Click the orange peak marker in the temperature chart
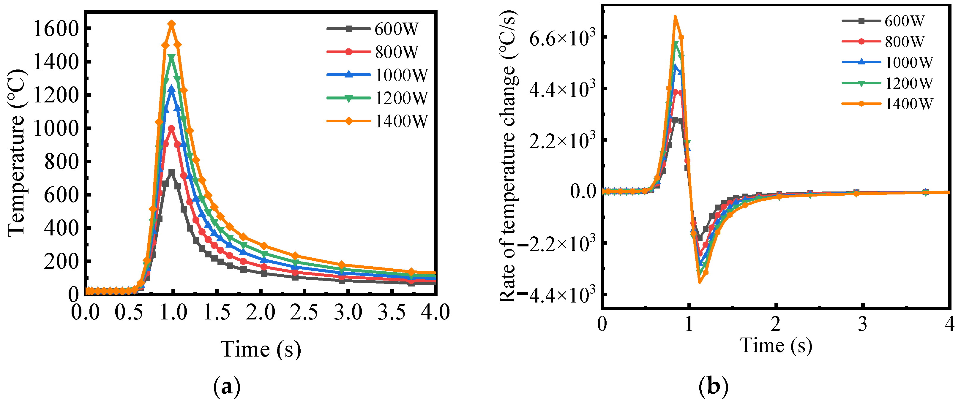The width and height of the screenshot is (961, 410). tap(172, 24)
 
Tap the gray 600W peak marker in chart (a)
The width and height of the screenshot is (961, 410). tap(172, 172)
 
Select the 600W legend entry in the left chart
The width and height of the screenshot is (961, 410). tap(373, 29)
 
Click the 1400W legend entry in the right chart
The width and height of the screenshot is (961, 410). tap(888, 104)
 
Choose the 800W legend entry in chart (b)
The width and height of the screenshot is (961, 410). tap(884, 41)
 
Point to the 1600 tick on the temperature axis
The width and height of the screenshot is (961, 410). tap(56, 29)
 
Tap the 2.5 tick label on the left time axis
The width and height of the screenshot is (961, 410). tap(304, 312)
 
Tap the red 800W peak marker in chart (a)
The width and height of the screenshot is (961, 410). tap(172, 129)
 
